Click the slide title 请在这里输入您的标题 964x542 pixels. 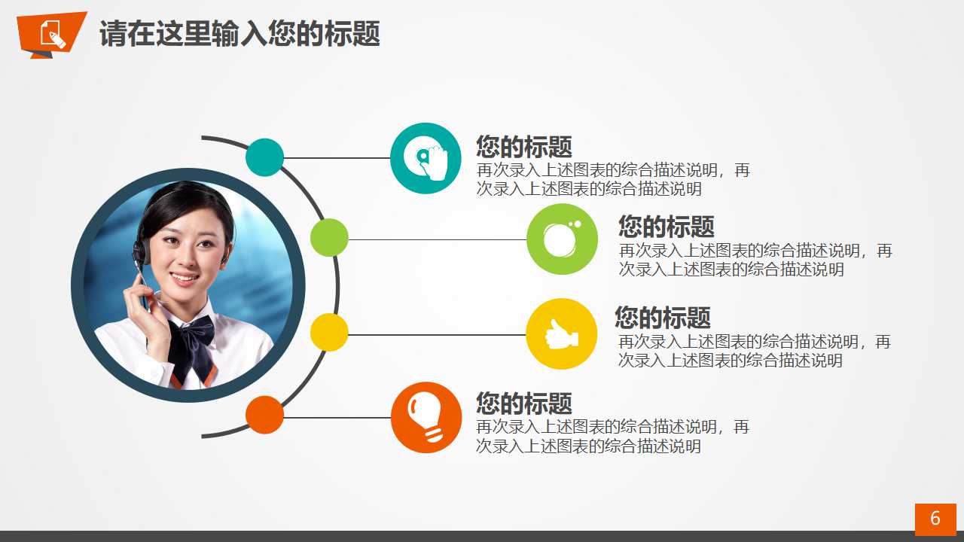click(x=239, y=34)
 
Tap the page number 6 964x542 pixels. click(x=935, y=519)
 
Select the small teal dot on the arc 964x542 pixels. click(x=264, y=157)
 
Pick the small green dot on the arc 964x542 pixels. click(x=329, y=238)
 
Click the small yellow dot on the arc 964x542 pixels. click(x=329, y=333)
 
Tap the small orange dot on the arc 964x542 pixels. click(x=264, y=415)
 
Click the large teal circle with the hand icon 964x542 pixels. click(x=426, y=158)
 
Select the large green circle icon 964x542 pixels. click(x=562, y=239)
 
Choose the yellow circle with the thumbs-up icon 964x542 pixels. click(x=562, y=333)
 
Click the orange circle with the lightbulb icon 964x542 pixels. click(x=426, y=417)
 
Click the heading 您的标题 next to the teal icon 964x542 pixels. click(x=524, y=146)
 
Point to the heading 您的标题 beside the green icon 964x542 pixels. click(x=667, y=226)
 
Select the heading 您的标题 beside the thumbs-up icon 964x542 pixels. click(x=663, y=317)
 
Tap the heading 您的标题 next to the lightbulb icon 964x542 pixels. click(x=524, y=403)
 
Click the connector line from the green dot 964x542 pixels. click(x=437, y=239)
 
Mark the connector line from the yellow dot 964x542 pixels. click(x=437, y=334)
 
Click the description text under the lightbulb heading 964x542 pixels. click(x=613, y=437)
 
